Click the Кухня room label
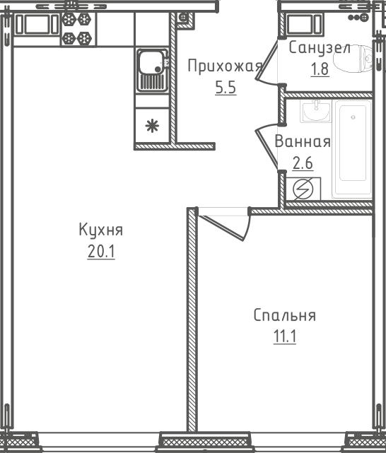pyautogui.click(x=101, y=230)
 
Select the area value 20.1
pyautogui.click(x=101, y=252)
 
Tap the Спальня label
pyautogui.click(x=285, y=315)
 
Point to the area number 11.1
pyautogui.click(x=285, y=336)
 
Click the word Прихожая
pyautogui.click(x=225, y=66)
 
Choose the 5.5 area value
pyautogui.click(x=226, y=87)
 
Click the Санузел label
pyautogui.click(x=320, y=47)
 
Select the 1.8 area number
pyautogui.click(x=320, y=69)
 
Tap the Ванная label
pyautogui.click(x=303, y=141)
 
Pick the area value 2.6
pyautogui.click(x=303, y=163)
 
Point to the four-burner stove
pyautogui.click(x=77, y=29)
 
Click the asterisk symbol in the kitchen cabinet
pyautogui.click(x=152, y=126)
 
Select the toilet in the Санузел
pyautogui.click(x=353, y=60)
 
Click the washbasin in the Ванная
pyautogui.click(x=316, y=112)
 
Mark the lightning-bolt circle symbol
pyautogui.click(x=303, y=189)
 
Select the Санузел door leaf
pyautogui.click(x=267, y=59)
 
